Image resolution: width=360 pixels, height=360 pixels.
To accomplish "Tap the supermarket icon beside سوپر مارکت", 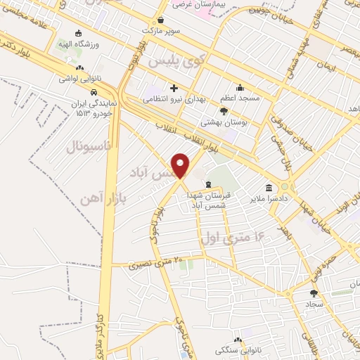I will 162,20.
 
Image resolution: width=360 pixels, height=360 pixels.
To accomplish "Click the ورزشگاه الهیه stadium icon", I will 77,33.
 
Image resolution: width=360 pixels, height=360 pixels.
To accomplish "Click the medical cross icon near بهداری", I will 174,87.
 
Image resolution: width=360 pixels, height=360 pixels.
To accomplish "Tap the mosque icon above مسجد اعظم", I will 240,88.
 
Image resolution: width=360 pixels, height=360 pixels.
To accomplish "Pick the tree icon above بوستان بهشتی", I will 224,110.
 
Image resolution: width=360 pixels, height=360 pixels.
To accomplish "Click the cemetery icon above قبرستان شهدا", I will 207,184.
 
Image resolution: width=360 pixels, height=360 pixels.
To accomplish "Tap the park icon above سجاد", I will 314,293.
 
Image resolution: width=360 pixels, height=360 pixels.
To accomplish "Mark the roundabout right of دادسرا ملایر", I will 287,186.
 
